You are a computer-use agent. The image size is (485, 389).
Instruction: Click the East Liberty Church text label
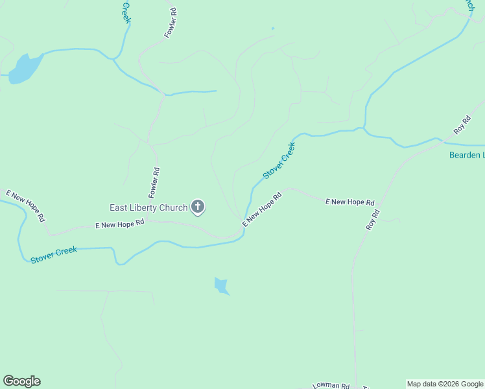[x=148, y=207]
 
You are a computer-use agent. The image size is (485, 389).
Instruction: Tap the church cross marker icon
[x=198, y=207]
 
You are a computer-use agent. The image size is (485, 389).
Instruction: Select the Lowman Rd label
[x=331, y=385]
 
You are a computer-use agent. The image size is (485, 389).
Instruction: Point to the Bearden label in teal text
[x=466, y=155]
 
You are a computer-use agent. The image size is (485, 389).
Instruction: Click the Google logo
[x=21, y=381]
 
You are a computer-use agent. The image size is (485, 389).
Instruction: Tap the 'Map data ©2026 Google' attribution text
[x=445, y=384]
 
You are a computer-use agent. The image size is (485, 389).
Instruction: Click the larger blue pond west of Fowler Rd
[x=25, y=68]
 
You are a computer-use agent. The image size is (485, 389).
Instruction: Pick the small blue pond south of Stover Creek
[x=222, y=285]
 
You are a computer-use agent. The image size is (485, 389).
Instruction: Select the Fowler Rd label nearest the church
[x=154, y=183]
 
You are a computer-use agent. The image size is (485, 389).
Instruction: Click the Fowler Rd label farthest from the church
[x=171, y=23]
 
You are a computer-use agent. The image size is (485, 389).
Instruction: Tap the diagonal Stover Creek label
[x=279, y=161]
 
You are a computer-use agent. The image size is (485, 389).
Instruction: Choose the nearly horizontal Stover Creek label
[x=54, y=253]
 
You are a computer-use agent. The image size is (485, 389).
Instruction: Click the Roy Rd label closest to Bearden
[x=462, y=124]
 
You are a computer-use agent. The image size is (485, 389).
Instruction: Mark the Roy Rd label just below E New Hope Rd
[x=372, y=220]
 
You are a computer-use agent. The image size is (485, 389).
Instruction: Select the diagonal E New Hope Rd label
[x=262, y=209]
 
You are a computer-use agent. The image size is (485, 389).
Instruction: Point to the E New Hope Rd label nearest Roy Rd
[x=349, y=202]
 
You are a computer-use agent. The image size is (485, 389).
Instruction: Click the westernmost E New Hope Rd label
[x=25, y=206]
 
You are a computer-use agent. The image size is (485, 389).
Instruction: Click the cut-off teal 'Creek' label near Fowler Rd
[x=126, y=11]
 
